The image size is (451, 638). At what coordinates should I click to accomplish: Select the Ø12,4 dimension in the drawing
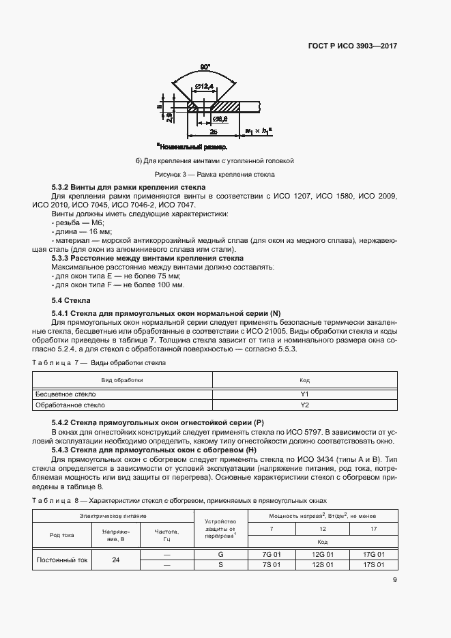coord(203,85)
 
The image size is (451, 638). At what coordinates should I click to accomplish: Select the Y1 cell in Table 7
coord(304,394)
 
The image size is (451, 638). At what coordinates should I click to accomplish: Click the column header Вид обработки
coord(122,379)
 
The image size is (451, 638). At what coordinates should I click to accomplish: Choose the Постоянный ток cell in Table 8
coord(62,560)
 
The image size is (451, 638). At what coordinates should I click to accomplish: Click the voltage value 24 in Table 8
coord(115,560)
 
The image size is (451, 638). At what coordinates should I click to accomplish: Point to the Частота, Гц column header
coord(166,534)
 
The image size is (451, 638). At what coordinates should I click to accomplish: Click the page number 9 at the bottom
coord(395,581)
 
